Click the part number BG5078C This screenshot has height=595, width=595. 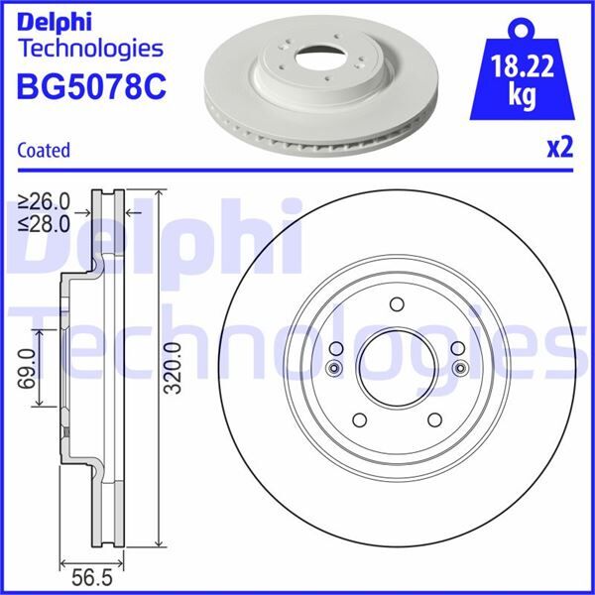click(x=91, y=88)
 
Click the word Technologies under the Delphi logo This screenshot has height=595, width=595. click(x=90, y=48)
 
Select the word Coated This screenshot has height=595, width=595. click(x=44, y=151)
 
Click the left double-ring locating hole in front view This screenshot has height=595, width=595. click(x=332, y=370)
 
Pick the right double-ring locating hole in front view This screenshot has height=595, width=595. click(x=460, y=370)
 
